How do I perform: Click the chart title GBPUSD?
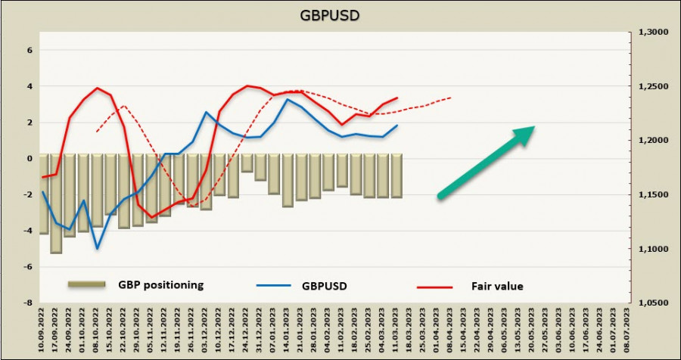point(340,15)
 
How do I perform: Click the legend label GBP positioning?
point(161,285)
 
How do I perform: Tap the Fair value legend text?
point(499,286)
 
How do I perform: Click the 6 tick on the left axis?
point(31,51)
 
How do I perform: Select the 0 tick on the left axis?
point(31,159)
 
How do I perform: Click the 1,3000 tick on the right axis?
point(649,33)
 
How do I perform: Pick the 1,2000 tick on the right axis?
point(649,141)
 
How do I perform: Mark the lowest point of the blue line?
point(98,248)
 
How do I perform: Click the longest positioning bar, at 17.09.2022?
point(56,203)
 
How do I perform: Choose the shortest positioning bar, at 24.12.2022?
point(247,163)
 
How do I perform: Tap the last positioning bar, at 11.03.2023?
point(396,175)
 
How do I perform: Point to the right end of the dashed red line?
point(452,98)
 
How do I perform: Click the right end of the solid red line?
point(397,98)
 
